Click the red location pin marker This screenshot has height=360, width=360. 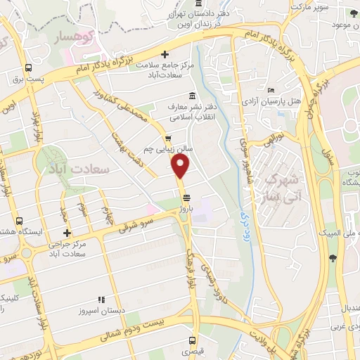(x=181, y=166)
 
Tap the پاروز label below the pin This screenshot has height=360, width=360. (x=185, y=191)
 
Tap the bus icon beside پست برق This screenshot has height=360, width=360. (x=28, y=68)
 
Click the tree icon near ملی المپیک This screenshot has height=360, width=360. (x=333, y=258)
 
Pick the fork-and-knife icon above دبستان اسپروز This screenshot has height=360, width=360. (x=101, y=299)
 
